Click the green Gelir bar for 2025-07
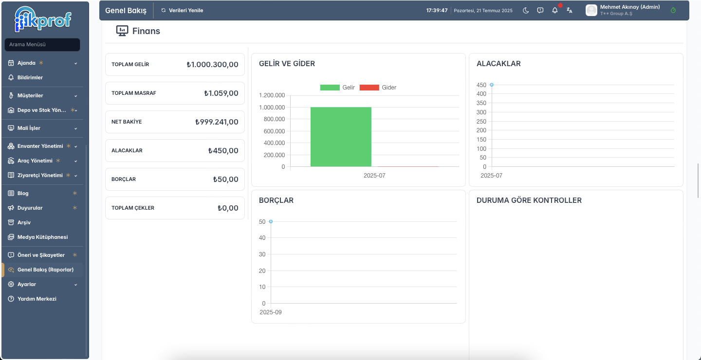point(341,137)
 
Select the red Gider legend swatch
point(369,88)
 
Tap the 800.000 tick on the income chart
point(274,119)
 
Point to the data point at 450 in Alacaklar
point(492,85)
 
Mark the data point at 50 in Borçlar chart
point(271,221)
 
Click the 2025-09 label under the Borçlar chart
point(271,312)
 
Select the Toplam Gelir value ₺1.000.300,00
point(212,64)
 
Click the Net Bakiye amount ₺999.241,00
point(217,122)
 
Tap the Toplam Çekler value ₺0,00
point(228,208)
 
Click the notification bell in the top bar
point(555,10)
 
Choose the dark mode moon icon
point(526,10)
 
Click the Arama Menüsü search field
point(42,44)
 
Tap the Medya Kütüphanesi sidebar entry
point(42,237)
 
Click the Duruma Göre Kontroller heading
point(529,200)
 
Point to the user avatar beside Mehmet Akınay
point(591,10)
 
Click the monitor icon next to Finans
point(122,31)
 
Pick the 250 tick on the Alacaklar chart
point(481,121)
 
